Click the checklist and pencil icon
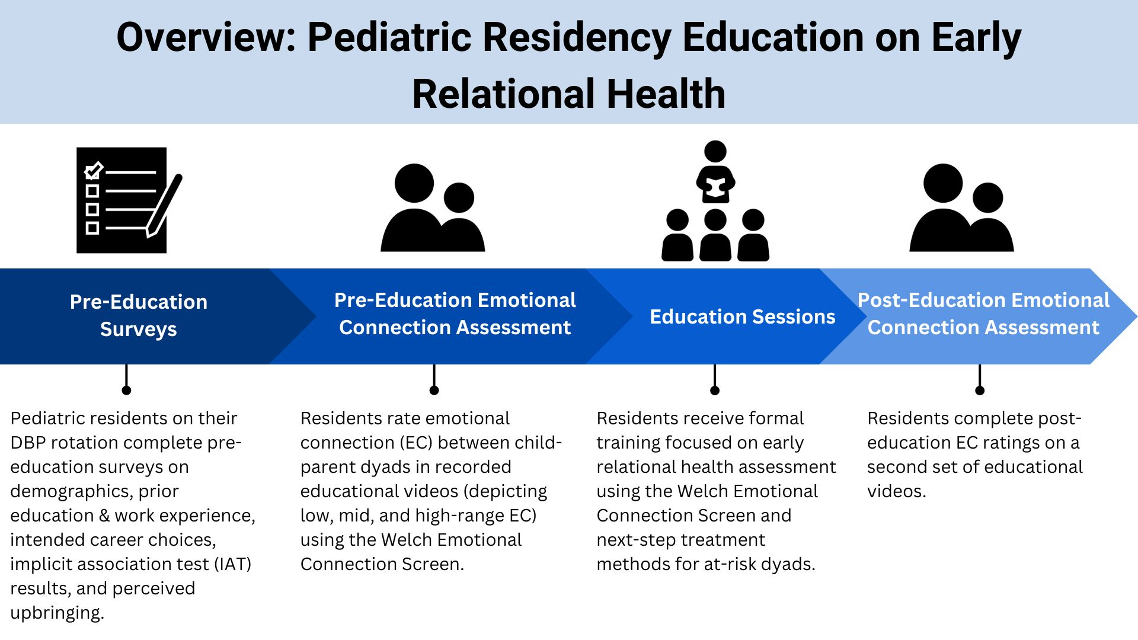[129, 200]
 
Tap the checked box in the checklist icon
[93, 171]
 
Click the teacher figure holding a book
[715, 172]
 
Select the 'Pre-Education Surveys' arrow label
[139, 315]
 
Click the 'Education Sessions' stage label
[742, 316]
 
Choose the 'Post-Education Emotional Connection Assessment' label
[983, 313]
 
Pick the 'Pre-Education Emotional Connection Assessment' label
[455, 313]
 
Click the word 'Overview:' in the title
[206, 37]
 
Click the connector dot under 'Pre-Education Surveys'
[126, 390]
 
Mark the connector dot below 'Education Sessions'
[715, 390]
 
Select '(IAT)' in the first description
[233, 564]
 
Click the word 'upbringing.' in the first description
[57, 613]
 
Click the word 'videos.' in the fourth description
[896, 491]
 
